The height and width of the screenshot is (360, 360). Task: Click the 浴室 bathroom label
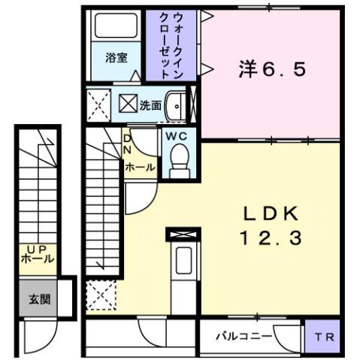pyautogui.click(x=116, y=58)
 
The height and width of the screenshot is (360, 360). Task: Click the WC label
pyautogui.click(x=178, y=136)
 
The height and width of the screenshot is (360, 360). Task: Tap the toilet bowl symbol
pyautogui.click(x=179, y=158)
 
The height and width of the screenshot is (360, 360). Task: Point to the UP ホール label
pyautogui.click(x=38, y=253)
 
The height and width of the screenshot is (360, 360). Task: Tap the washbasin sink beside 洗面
pyautogui.click(x=176, y=105)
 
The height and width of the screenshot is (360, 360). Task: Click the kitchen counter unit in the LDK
pyautogui.click(x=183, y=267)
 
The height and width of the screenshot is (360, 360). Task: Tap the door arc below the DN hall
pyautogui.click(x=138, y=194)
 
